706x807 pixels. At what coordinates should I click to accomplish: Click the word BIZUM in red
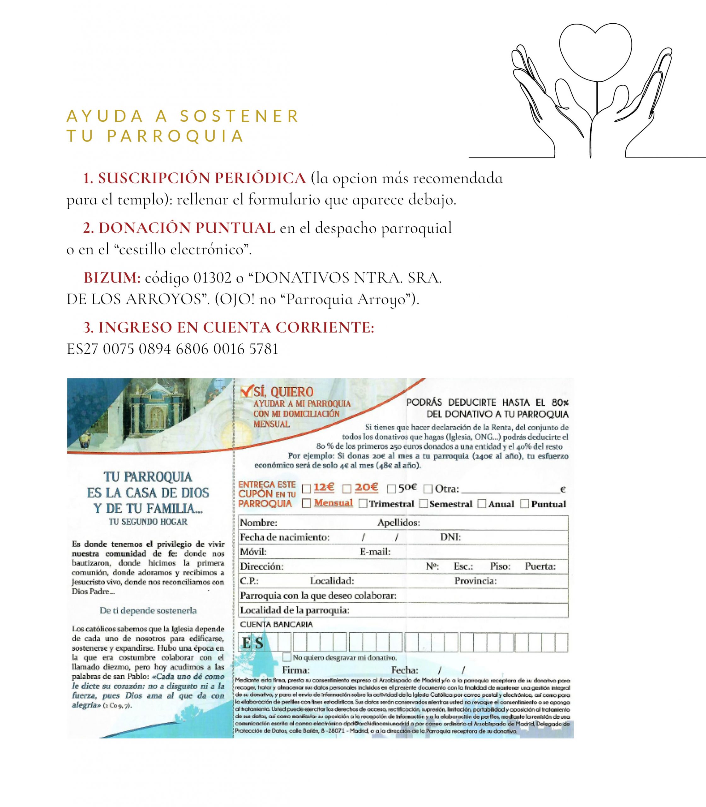pos(112,278)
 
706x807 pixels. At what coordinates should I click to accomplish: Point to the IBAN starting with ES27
pos(172,349)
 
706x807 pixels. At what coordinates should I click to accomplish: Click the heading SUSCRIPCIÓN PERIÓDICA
pos(202,178)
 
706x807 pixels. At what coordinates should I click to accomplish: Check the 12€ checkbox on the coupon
pos(306,489)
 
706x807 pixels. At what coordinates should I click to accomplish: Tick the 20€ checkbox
pos(347,489)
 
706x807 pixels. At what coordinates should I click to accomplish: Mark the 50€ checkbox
pos(391,489)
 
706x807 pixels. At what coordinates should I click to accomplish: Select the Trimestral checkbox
pos(363,504)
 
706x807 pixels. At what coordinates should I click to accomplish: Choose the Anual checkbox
pos(482,504)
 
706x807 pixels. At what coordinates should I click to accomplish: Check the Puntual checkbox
pos(524,504)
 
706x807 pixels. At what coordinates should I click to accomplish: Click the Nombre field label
pos(258,523)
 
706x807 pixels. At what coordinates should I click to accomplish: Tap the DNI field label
pos(450,537)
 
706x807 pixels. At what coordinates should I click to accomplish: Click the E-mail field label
pos(375,552)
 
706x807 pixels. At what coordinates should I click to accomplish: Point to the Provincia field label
pos(475,581)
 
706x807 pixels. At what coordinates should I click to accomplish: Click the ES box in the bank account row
pos(252,643)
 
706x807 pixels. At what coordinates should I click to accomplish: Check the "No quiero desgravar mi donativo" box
pos(287,657)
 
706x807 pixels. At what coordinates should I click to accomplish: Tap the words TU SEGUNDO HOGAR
pos(148,522)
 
